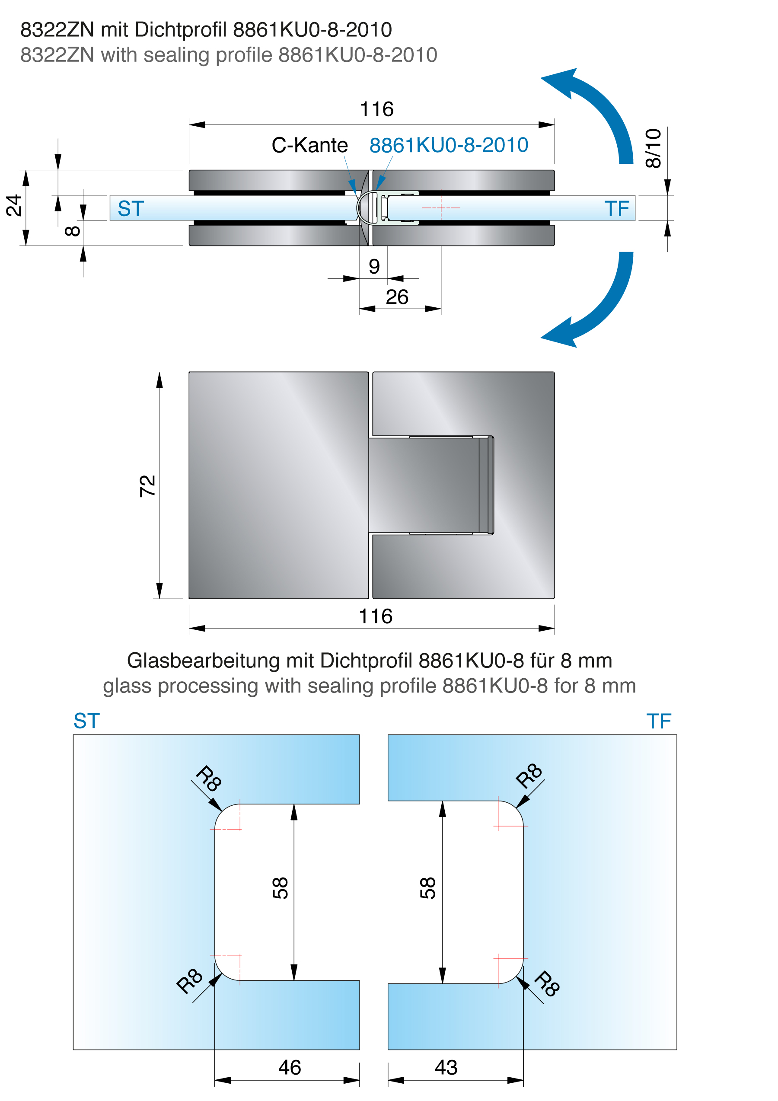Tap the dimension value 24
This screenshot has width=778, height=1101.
(x=14, y=205)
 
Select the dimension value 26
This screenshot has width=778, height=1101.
(x=397, y=297)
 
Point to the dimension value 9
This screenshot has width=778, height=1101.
(x=374, y=266)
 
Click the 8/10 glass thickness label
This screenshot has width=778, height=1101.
(x=653, y=148)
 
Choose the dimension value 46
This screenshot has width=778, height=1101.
(x=290, y=1067)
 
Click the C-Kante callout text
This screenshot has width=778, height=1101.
(x=309, y=145)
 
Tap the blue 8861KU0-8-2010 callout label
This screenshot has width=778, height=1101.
(x=449, y=145)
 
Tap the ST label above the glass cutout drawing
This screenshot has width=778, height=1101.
(x=87, y=721)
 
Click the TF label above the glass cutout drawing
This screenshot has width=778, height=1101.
(x=659, y=721)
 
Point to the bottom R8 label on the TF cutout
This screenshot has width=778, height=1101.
(x=547, y=983)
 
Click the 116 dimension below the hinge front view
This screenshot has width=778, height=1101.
(x=376, y=616)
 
